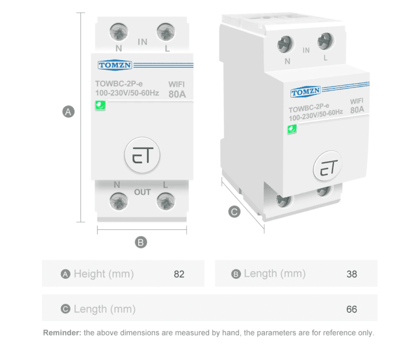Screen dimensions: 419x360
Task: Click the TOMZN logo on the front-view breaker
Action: tap(115, 65)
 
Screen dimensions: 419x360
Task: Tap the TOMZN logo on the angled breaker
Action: tap(305, 92)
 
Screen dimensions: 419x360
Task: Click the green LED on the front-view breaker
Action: tap(101, 105)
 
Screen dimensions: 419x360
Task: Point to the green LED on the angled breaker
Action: tap(292, 129)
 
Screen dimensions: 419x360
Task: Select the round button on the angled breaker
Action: tap(328, 166)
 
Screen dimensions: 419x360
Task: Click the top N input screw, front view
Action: tap(119, 31)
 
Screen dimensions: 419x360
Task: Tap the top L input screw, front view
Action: tap(166, 31)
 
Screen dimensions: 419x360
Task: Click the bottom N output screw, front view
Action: tap(119, 201)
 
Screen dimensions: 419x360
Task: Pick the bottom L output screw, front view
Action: tap(166, 201)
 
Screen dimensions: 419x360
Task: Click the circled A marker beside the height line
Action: tap(69, 111)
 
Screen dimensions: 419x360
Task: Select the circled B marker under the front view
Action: tap(141, 242)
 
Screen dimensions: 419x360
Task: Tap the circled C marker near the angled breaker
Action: tap(234, 212)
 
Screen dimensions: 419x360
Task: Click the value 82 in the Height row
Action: tap(179, 274)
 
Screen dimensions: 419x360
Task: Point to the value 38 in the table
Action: tap(351, 274)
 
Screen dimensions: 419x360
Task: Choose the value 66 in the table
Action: tap(351, 309)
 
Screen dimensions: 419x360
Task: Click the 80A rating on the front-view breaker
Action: tap(177, 94)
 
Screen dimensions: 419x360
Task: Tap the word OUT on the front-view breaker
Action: tap(142, 192)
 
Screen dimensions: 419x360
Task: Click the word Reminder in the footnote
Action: tap(62, 333)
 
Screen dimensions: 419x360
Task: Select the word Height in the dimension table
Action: tap(90, 274)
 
